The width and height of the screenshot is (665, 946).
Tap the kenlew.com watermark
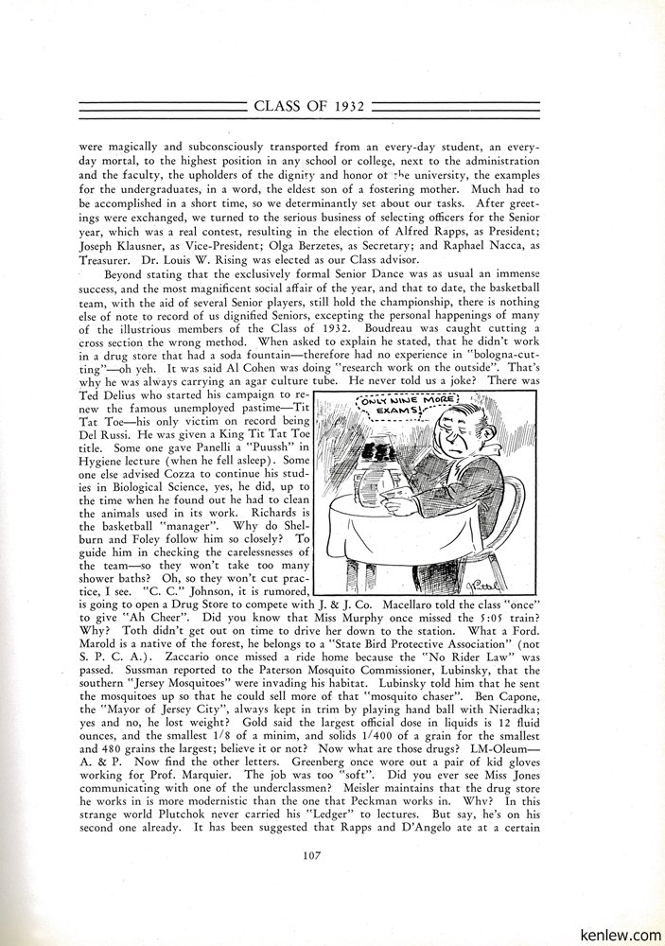point(621,932)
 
